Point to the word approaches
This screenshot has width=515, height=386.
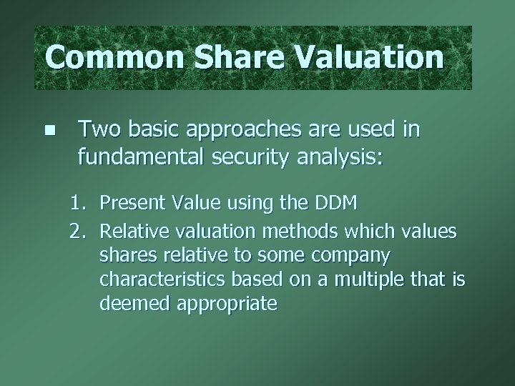[x=245, y=130]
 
